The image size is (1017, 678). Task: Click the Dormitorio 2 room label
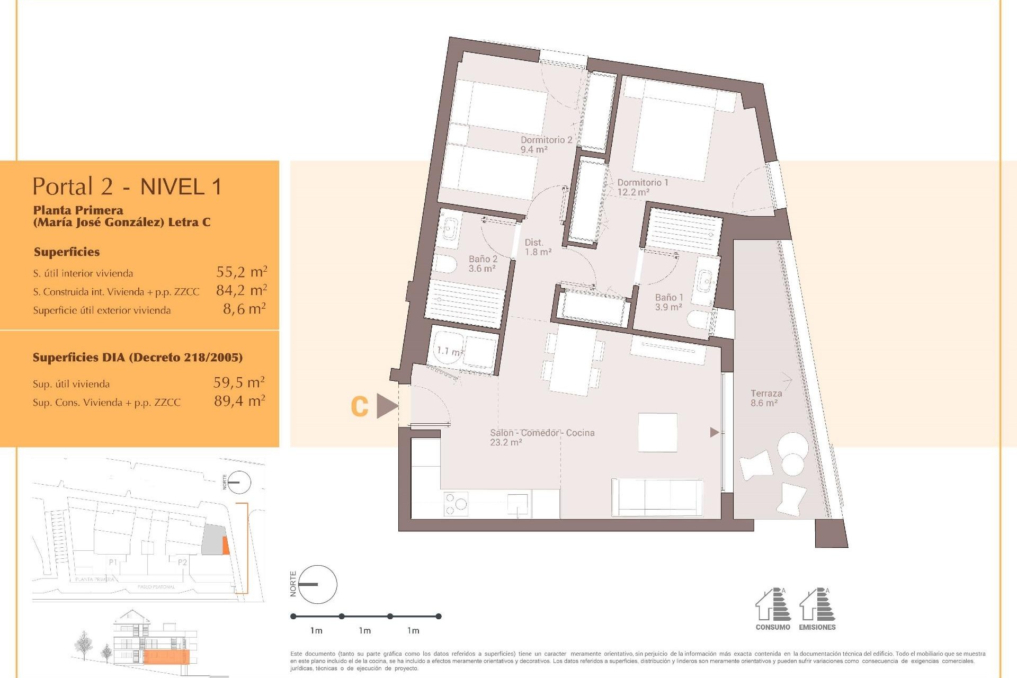546,145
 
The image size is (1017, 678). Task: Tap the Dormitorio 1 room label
643,187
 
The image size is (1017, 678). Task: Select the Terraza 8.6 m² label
765,398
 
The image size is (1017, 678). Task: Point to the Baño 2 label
483,263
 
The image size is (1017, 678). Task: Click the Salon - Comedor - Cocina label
542,437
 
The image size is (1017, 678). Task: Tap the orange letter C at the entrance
360,406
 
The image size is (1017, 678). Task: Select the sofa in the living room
657,497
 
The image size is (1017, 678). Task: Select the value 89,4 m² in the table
239,401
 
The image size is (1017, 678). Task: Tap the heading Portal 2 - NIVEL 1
127,186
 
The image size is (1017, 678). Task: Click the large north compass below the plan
317,584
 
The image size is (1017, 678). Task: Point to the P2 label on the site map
182,562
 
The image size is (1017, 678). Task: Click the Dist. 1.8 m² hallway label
538,247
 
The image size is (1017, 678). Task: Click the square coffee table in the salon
657,432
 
